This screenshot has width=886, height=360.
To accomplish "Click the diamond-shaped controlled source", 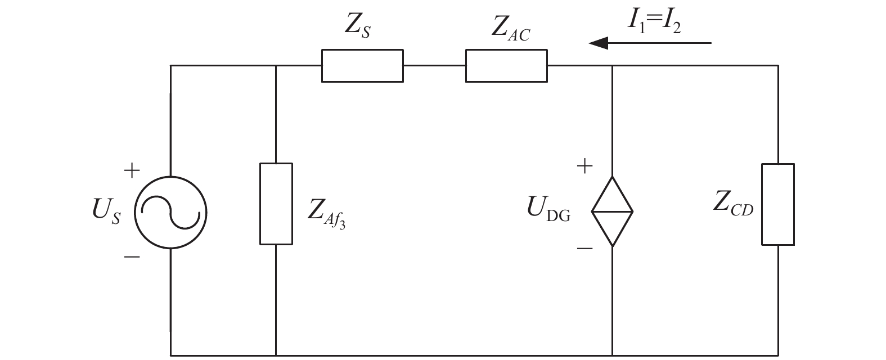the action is click(x=612, y=177).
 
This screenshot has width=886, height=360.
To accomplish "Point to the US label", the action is click(x=106, y=210).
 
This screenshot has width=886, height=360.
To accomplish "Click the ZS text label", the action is click(x=358, y=26).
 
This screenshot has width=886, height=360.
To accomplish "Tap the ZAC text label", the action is click(x=510, y=29).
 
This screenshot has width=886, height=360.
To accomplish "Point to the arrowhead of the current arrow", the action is click(x=589, y=43).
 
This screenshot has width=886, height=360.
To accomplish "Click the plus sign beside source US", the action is click(x=132, y=170).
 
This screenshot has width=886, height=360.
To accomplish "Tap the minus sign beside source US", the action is click(x=132, y=257).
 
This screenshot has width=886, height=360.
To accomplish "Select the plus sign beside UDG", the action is click(x=584, y=166).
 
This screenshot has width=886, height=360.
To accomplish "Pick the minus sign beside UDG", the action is click(x=584, y=249).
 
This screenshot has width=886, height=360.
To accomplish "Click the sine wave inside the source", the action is click(x=170, y=213).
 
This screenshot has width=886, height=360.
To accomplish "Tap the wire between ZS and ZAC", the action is click(x=434, y=66).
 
